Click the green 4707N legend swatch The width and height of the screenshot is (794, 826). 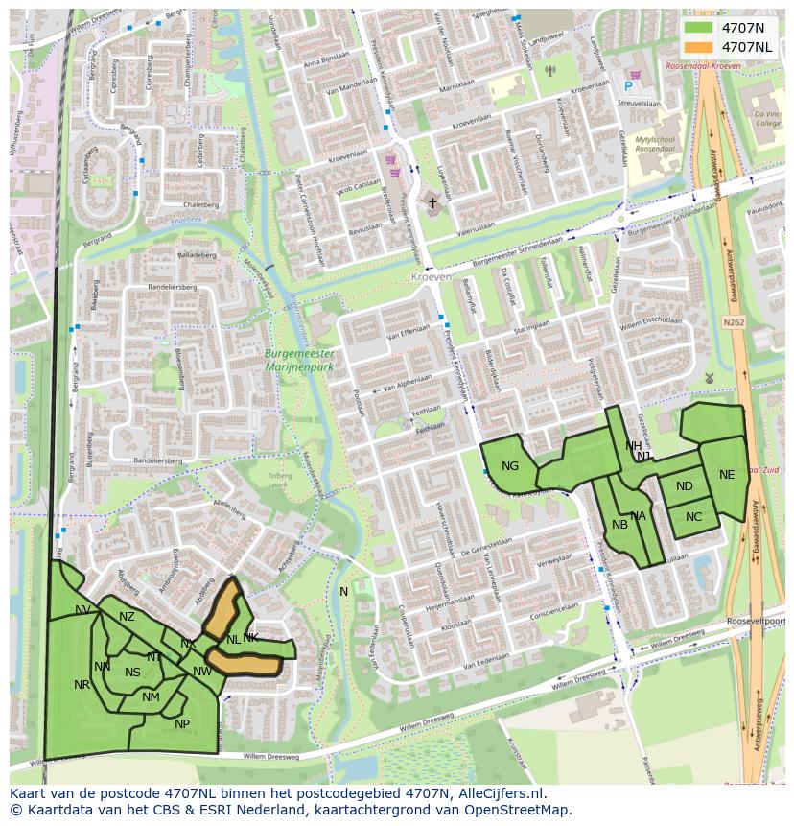tap(700, 28)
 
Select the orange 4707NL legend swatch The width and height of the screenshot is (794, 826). tap(700, 47)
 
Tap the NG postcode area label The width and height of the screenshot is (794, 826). tap(510, 467)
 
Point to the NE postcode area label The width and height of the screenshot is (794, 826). tap(727, 475)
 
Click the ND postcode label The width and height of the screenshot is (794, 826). tap(684, 486)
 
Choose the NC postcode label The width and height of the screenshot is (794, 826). tap(694, 517)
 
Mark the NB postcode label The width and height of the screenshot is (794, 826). tap(619, 525)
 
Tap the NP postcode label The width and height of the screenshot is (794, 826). tap(182, 724)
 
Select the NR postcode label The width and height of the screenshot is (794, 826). tap(82, 685)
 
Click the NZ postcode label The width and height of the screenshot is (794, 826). tap(127, 617)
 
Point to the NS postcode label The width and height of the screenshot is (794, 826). tap(132, 673)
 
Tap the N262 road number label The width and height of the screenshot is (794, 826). tap(734, 323)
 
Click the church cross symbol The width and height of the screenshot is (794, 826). tap(432, 203)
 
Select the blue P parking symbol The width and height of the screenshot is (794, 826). tap(628, 86)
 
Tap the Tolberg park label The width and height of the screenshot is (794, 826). tap(279, 480)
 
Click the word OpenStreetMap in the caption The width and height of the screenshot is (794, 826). tap(525, 810)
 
